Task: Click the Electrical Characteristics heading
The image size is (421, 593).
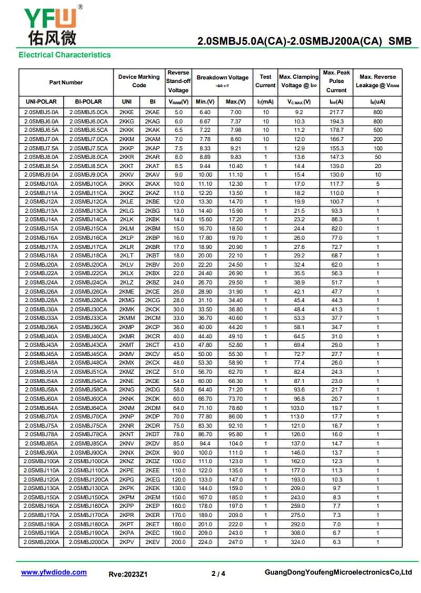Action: [x=64, y=55]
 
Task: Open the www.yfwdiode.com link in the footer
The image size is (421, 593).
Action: [x=54, y=572]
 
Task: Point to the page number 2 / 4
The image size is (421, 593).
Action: [x=218, y=574]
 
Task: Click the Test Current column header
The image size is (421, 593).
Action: [x=265, y=81]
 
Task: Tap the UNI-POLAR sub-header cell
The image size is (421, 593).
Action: [x=41, y=102]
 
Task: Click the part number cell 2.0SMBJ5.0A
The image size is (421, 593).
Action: [x=41, y=113]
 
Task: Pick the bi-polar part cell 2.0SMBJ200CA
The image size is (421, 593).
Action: [x=88, y=542]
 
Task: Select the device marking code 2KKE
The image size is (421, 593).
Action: [x=126, y=113]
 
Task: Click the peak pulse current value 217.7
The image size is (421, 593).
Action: [x=336, y=113]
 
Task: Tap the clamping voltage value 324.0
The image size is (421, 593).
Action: [x=299, y=542]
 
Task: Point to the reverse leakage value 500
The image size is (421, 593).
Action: [x=377, y=130]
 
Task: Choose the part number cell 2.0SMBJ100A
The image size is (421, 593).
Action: [x=41, y=461]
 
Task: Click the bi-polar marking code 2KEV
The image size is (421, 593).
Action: [x=153, y=542]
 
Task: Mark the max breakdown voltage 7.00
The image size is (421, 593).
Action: [x=235, y=113]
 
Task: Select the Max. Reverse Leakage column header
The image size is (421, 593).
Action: [x=377, y=81]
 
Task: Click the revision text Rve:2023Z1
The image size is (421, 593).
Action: [x=128, y=574]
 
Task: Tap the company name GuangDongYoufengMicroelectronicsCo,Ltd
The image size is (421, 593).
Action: [x=338, y=572]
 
